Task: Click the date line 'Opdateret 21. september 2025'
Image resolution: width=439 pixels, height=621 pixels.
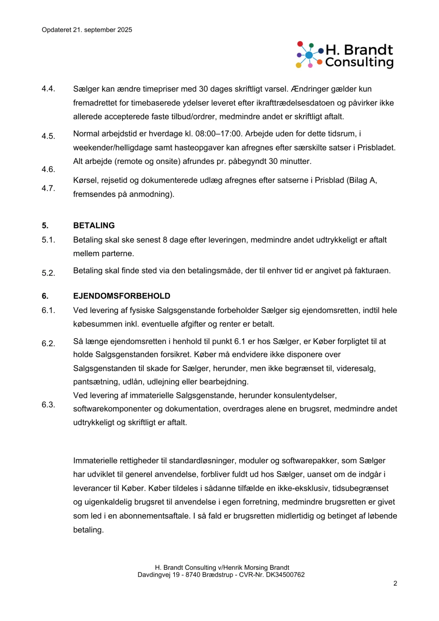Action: [87, 30]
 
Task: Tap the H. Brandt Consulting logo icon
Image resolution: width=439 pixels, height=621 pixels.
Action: [309, 55]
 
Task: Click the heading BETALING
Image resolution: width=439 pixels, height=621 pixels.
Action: [94, 225]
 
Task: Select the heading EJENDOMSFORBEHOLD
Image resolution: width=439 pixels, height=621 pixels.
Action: [122, 296]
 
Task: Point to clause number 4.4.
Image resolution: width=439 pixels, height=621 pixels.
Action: [48, 89]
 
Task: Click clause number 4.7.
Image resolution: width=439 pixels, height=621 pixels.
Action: [48, 188]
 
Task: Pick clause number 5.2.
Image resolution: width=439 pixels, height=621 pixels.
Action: [48, 273]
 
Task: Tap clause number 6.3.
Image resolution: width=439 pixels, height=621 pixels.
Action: [48, 405]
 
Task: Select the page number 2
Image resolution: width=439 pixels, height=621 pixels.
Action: [395, 583]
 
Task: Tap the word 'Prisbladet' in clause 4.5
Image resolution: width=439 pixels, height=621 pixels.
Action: [376, 148]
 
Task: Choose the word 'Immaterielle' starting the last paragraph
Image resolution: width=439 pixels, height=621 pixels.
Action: [97, 461]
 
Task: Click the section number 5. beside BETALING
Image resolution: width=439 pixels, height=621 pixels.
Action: [45, 225]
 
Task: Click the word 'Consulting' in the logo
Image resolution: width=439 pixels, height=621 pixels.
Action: [359, 62]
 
